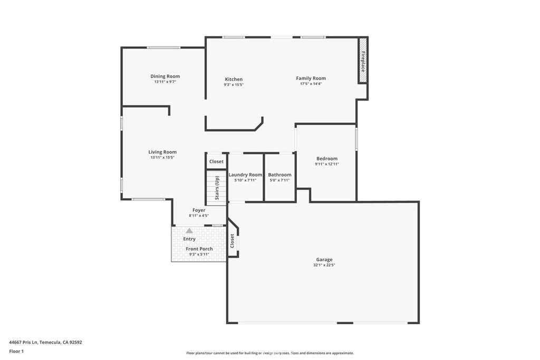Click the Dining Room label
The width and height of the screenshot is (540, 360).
[165, 76]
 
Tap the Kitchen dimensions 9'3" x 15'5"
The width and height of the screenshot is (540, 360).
[234, 84]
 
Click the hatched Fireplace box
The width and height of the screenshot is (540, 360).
[363, 60]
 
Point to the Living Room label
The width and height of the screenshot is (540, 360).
[162, 152]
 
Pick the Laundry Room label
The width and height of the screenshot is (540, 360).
[245, 174]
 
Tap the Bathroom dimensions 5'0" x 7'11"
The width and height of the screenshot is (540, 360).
[279, 180]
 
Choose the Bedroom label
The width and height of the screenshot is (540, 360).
[327, 159]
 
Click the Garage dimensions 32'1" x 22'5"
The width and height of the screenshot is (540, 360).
[324, 265]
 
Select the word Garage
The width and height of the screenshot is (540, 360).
[324, 259]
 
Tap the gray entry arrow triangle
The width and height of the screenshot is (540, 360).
[189, 231]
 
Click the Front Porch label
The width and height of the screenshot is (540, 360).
[199, 249]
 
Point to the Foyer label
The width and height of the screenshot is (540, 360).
[199, 210]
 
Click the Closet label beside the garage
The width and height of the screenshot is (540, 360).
[232, 241]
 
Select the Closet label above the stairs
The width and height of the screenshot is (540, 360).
[216, 161]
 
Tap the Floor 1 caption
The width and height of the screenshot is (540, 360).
[16, 351]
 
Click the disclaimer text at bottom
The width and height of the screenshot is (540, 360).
[269, 353]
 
